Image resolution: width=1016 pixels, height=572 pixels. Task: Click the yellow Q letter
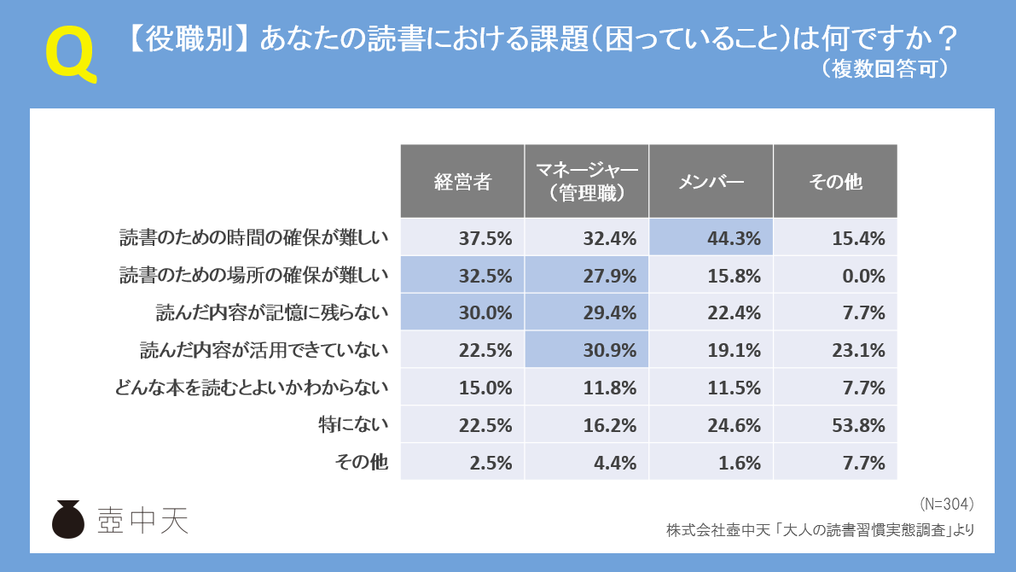[70, 54]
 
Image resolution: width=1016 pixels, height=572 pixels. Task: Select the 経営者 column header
[462, 181]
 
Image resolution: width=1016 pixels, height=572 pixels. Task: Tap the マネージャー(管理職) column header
[587, 181]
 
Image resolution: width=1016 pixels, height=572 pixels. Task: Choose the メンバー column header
[711, 181]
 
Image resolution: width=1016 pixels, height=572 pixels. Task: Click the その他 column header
[835, 181]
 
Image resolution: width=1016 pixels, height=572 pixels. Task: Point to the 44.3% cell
[711, 238]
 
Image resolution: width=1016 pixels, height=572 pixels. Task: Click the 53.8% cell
[835, 425]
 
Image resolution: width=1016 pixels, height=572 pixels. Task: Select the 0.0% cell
[835, 276]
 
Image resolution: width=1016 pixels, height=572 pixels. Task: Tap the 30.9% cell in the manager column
[587, 350]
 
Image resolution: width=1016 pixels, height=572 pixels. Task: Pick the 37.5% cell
[462, 238]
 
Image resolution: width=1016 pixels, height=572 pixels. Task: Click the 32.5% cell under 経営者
[462, 276]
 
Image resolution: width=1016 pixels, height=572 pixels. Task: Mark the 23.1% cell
[835, 350]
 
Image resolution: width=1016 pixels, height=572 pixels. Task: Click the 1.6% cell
[711, 463]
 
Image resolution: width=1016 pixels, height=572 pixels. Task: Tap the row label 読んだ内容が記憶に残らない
[272, 312]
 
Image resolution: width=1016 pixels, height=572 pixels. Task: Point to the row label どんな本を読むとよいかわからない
[252, 388]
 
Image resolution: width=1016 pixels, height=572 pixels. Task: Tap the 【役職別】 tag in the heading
[188, 39]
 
